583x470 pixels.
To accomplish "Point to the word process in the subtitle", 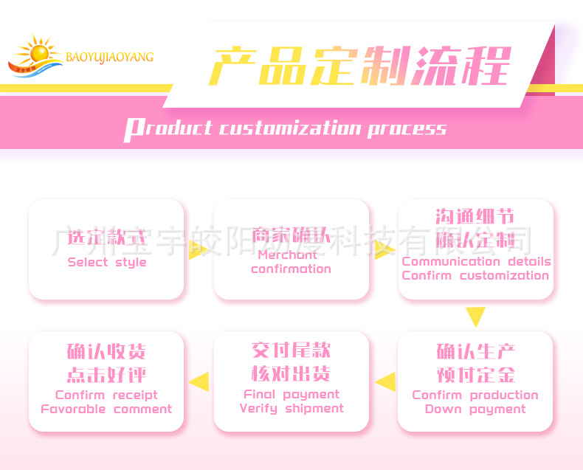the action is pos(407,129).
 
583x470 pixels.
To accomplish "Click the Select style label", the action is pos(107,263).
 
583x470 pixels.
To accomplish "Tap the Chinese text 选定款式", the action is pos(107,238).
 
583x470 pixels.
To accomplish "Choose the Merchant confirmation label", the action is pos(291,262).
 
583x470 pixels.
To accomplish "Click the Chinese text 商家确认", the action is pos(291,235).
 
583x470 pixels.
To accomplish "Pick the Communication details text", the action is pos(476,261).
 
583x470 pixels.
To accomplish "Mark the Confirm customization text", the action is pos(476,276).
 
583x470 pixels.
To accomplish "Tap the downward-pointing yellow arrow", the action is pos(476,317).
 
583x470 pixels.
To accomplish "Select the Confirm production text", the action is pos(475,395).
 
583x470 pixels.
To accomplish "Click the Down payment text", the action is pos(475,409).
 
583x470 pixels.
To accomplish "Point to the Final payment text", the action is pos(291,394).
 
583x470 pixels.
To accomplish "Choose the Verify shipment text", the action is pos(291,408).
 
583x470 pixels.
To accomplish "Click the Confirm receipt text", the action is pos(106,395).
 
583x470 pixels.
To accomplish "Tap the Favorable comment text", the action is pos(106,409).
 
